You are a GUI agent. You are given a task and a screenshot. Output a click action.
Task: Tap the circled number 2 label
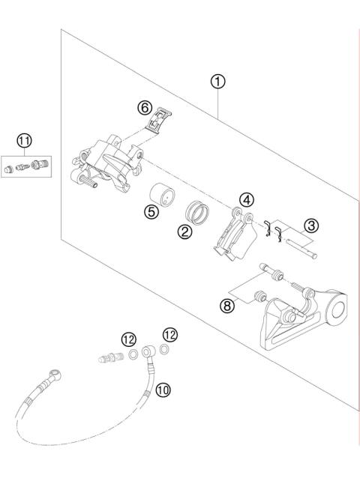tap(183, 232)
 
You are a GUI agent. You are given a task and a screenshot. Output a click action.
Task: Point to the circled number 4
tap(247, 199)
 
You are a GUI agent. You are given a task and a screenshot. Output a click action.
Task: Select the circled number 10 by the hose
tap(163, 389)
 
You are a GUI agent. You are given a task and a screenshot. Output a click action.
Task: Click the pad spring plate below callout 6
tap(160, 121)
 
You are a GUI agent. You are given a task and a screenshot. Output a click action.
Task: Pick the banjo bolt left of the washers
tap(110, 358)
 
